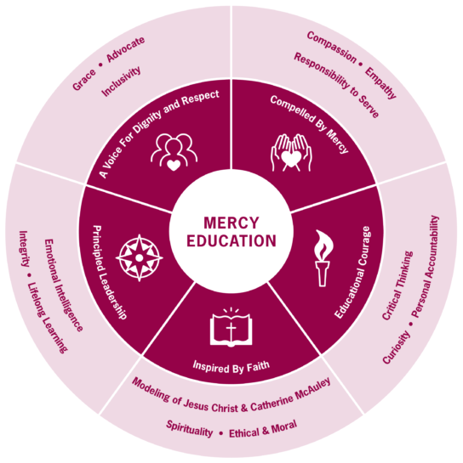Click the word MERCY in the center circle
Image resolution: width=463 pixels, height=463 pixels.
(231, 223)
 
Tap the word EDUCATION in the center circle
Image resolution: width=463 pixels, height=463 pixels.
(231, 240)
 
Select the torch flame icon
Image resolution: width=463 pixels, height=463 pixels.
(323, 257)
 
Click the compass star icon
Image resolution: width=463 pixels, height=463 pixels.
(140, 257)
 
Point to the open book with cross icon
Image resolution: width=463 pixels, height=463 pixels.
(231, 327)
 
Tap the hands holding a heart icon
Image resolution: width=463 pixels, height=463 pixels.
(291, 153)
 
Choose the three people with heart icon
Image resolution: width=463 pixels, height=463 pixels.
(174, 152)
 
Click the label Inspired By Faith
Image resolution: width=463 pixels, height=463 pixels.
(231, 367)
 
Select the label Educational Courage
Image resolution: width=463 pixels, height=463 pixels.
(352, 272)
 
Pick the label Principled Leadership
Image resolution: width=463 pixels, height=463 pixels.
(110, 272)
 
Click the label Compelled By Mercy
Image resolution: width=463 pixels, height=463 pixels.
(310, 124)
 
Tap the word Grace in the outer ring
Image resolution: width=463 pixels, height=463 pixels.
(84, 80)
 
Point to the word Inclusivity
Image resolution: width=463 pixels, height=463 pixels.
(121, 82)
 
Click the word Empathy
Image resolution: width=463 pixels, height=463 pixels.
(380, 83)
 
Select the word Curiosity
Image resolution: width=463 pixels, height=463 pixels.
(397, 347)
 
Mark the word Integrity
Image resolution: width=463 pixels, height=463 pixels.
(24, 249)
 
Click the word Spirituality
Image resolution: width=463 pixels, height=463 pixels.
(189, 429)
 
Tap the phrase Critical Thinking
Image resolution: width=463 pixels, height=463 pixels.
(397, 285)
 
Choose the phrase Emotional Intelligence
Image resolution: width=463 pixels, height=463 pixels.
(63, 285)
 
